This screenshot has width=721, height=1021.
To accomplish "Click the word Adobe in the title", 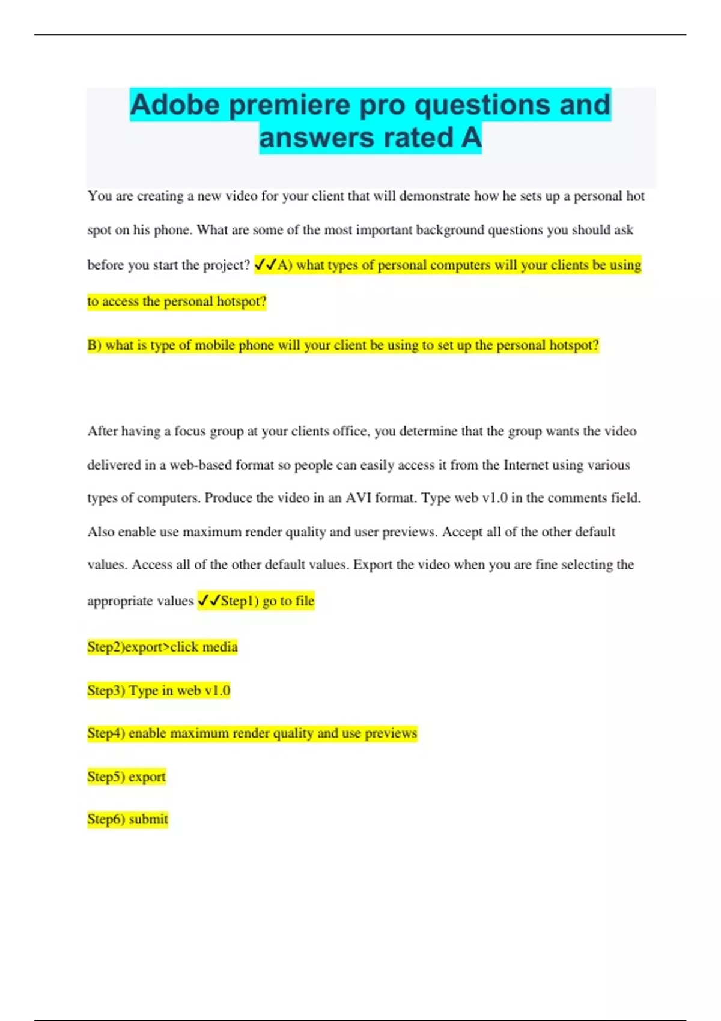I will pyautogui.click(x=174, y=105).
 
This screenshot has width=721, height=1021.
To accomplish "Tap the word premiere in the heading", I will pyautogui.click(x=290, y=105).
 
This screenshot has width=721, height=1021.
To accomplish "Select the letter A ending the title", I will pyautogui.click(x=471, y=138).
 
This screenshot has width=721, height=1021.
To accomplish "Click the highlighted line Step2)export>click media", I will pyautogui.click(x=162, y=647).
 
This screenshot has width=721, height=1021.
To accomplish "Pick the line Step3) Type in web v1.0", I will pyautogui.click(x=159, y=691).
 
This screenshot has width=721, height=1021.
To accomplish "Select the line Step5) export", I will pyautogui.click(x=126, y=777).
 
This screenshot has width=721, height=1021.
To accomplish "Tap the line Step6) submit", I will pyautogui.click(x=127, y=819).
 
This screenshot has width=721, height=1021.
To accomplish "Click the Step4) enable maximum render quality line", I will pyautogui.click(x=252, y=733).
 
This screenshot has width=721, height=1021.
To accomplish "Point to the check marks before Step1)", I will pyautogui.click(x=208, y=601).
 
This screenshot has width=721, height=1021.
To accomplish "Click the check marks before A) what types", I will pyautogui.click(x=265, y=264).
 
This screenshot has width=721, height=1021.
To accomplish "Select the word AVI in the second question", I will pyautogui.click(x=358, y=498).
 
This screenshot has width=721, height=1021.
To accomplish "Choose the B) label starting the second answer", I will pyautogui.click(x=94, y=345).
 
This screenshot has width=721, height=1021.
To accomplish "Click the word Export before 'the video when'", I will pyautogui.click(x=373, y=565).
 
